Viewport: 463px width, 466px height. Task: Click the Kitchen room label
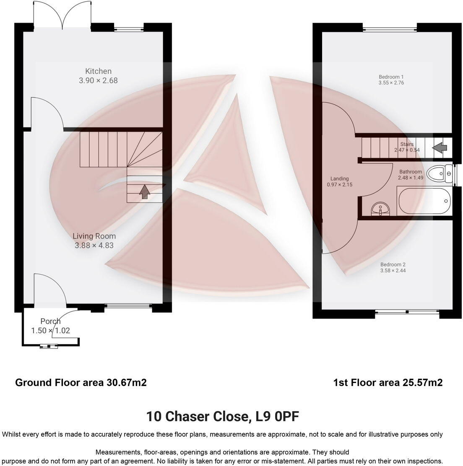(98, 71)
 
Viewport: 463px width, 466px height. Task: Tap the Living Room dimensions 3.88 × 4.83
(94, 246)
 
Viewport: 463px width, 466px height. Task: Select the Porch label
(50, 321)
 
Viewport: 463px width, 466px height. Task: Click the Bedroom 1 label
(391, 77)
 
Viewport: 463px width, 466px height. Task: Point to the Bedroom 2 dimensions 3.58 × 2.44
(393, 271)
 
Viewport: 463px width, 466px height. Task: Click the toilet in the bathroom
(439, 173)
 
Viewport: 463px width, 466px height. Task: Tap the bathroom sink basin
(381, 208)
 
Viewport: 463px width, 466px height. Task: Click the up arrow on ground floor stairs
(145, 192)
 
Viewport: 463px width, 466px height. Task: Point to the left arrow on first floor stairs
(440, 148)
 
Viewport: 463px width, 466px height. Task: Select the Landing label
(339, 179)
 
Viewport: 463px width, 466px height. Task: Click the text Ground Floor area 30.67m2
(81, 383)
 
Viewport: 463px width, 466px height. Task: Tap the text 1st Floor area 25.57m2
(388, 383)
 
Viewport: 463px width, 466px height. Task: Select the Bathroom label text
(410, 172)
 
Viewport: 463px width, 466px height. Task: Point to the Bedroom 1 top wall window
(390, 29)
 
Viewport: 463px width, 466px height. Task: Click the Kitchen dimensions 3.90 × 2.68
(98, 80)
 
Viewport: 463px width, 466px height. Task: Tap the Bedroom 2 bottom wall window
(406, 312)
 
